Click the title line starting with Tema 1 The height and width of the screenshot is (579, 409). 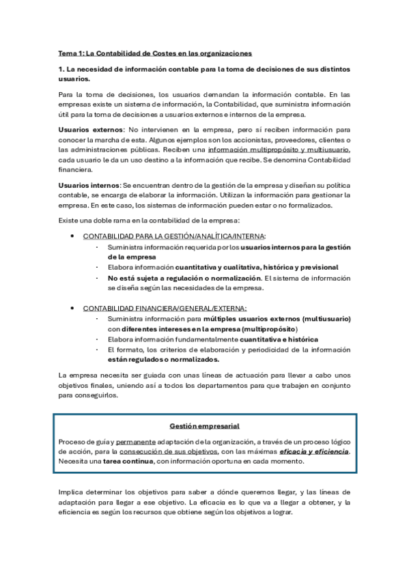156,52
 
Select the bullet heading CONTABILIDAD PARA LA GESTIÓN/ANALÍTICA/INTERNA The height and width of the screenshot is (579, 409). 174,236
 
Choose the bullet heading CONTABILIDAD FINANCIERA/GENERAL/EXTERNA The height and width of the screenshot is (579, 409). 165,309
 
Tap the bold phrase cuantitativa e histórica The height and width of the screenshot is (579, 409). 279,339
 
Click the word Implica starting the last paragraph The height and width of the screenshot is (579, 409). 70,492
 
